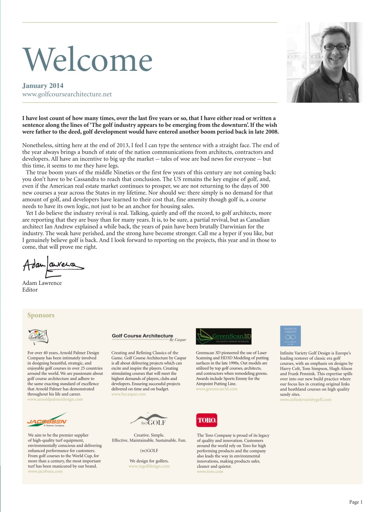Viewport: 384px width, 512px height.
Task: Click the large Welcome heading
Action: pos(88,59)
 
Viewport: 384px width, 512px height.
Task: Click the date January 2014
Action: pos(43,86)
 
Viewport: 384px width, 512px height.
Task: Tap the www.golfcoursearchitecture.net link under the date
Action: pos(67,94)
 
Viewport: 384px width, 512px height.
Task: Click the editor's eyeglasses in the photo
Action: pos(335,47)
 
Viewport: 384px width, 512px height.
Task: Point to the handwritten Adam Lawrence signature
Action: pos(53,265)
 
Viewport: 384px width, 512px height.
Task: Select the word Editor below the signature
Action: pos(30,290)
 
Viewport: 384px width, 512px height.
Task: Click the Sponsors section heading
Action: pos(41,315)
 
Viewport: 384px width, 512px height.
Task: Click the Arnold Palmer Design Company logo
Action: pos(38,337)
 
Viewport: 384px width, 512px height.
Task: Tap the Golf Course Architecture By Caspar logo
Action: pos(149,337)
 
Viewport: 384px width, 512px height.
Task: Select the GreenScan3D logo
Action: pos(224,336)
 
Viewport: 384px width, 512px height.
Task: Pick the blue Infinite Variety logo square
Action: pos(290,336)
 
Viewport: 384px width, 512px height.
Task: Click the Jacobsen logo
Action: pos(47,420)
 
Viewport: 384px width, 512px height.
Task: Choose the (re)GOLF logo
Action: pos(149,420)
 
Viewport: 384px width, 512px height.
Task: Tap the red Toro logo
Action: pos(207,420)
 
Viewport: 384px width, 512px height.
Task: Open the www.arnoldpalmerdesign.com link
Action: pos(55,399)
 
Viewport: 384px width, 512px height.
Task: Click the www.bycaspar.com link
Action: pos(128,394)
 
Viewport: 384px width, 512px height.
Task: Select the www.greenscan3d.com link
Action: pos(216,389)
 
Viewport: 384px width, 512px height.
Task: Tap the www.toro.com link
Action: pos(210,472)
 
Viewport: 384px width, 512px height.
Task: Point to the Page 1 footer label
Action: pos(356,502)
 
